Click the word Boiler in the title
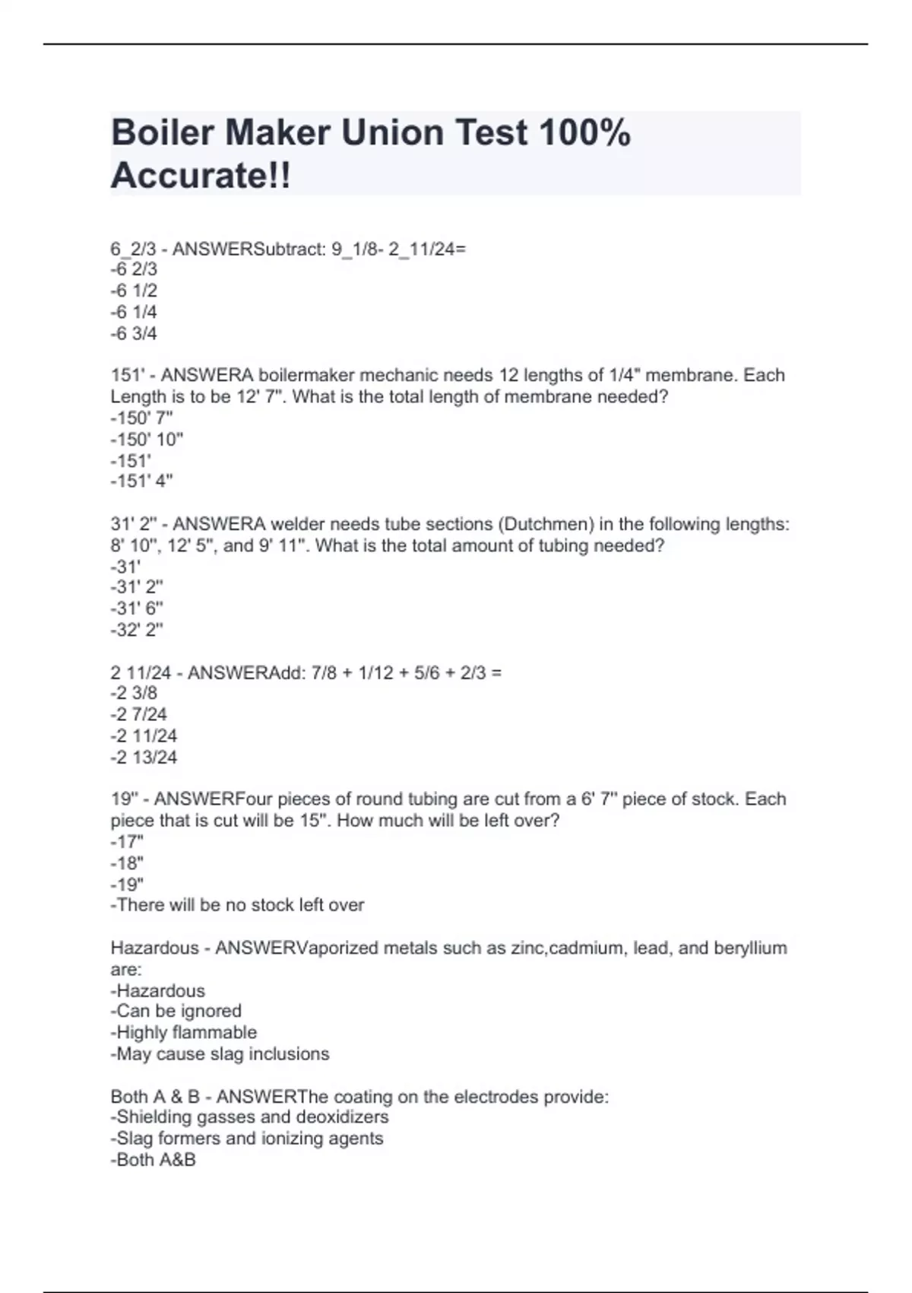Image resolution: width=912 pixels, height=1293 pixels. click(x=162, y=133)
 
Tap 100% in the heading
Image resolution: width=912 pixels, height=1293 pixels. click(x=584, y=133)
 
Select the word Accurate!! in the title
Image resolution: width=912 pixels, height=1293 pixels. click(x=201, y=176)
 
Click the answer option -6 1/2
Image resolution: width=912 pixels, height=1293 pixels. click(x=134, y=291)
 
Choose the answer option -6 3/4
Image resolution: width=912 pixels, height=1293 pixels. click(x=134, y=333)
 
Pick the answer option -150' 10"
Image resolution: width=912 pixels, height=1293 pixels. click(x=147, y=439)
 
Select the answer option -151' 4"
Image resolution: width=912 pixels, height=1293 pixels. click(x=141, y=481)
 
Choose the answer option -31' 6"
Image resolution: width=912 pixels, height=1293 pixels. click(x=137, y=608)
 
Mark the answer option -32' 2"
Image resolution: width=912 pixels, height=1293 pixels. click(x=137, y=630)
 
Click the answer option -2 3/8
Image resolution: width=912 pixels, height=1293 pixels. click(x=134, y=693)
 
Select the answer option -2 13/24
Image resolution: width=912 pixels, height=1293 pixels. click(x=144, y=758)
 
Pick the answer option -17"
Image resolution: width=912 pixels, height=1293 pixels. click(x=127, y=842)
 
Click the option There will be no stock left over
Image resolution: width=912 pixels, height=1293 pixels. click(x=237, y=905)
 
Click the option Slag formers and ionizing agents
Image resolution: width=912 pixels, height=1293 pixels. click(x=247, y=1139)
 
